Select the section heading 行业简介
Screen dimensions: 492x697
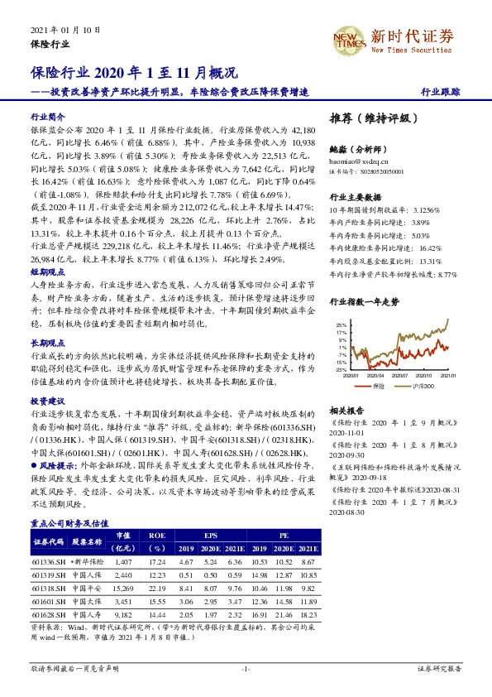coord(48,118)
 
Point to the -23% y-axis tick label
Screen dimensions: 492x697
coord(341,370)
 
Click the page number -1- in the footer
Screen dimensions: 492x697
coord(246,668)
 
